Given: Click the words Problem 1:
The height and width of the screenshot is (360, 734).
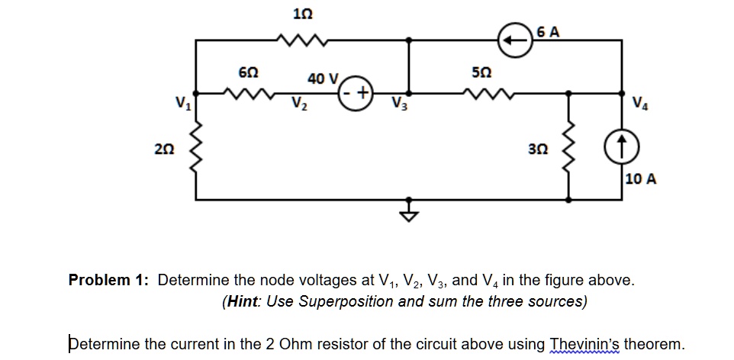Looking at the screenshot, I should coord(110,280).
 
